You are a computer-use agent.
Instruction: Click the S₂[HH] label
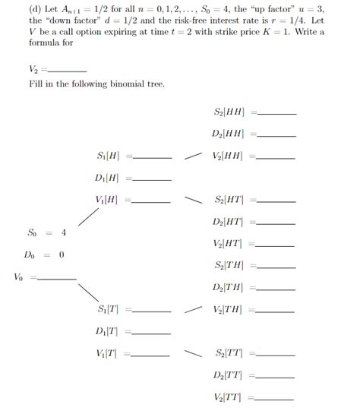click(x=229, y=112)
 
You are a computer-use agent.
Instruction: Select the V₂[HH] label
click(x=229, y=156)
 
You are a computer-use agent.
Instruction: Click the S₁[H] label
click(x=109, y=156)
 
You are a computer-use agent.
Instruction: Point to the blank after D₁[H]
click(x=153, y=181)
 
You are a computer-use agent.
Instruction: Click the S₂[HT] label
click(x=229, y=201)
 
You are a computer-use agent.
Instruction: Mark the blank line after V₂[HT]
click(x=277, y=245)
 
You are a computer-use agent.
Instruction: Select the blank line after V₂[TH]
click(x=277, y=311)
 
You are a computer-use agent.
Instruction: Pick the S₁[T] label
click(x=109, y=309)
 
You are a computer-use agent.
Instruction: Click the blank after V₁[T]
click(x=153, y=354)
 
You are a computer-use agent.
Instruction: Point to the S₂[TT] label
click(x=229, y=354)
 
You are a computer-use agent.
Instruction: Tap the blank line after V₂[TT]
click(x=277, y=399)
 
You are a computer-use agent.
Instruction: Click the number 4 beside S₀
click(x=64, y=232)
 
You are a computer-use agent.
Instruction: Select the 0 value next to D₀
click(x=61, y=255)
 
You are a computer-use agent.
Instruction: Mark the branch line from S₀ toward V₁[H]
click(x=90, y=217)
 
